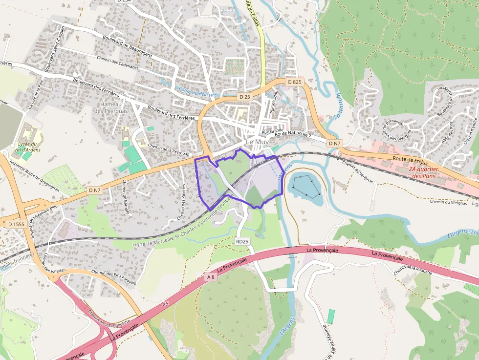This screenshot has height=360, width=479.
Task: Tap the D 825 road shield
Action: [294, 82]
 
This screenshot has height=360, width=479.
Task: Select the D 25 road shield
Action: [245, 97]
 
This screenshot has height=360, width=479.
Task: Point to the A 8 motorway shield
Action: [211, 277]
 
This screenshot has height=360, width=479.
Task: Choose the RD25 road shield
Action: [242, 241]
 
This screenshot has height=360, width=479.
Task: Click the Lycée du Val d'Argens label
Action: [27, 147]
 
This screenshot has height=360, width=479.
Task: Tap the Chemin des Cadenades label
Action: [117, 64]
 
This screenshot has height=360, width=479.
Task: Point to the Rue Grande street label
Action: [273, 131]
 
